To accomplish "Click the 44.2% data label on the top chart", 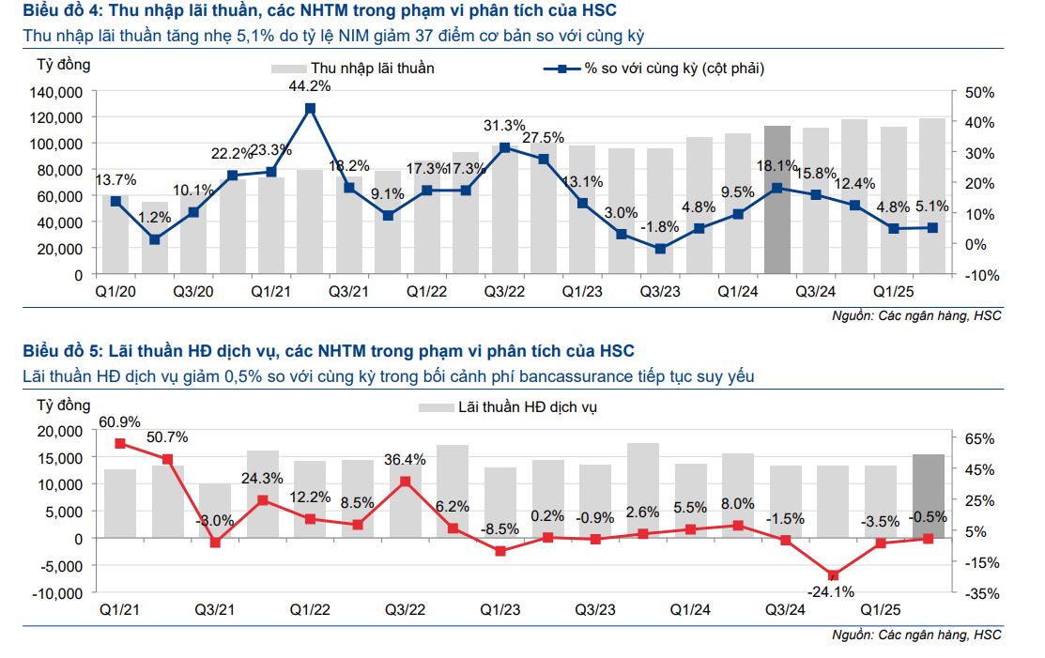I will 309,86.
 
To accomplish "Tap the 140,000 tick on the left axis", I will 58,92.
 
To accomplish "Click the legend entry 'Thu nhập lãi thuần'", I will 372,69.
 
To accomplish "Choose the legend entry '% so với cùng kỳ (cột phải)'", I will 675,69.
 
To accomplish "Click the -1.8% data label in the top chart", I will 659,226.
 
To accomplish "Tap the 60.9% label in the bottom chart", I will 119,421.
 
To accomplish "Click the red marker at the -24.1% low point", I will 833,575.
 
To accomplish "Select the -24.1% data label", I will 832,591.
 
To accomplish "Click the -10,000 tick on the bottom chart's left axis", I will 59,593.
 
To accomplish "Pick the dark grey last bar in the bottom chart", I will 929,497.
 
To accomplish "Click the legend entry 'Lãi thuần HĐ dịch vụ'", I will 527,407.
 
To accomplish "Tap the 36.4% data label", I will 406,460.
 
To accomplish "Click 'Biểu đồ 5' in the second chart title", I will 62,351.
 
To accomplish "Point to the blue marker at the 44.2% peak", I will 310,109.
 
